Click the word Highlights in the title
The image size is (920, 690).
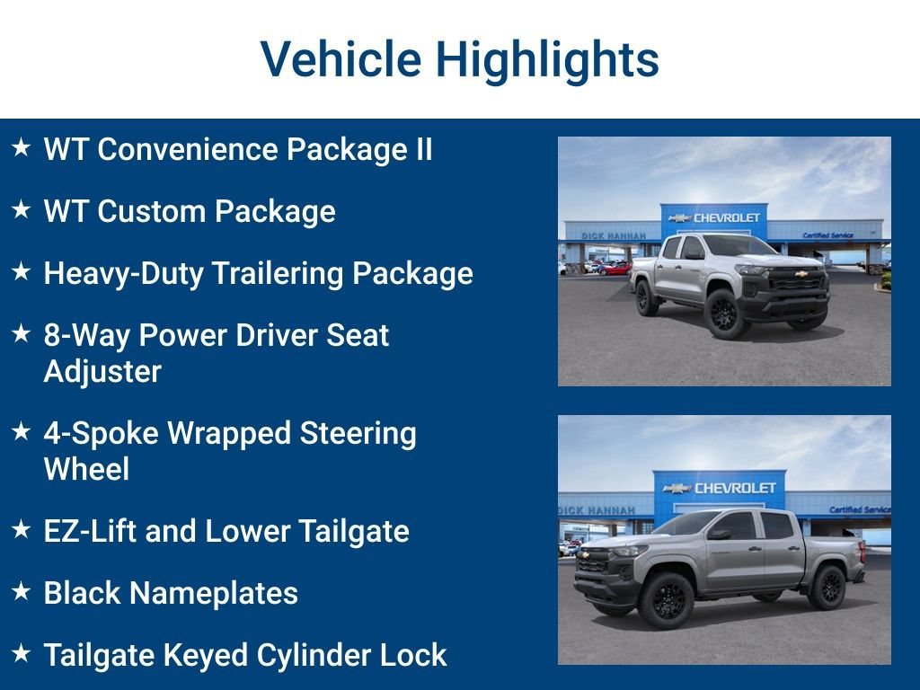click(547, 60)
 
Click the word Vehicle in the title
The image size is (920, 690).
click(341, 58)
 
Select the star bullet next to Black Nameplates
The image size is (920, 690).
click(22, 591)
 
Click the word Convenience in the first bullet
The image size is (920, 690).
click(187, 149)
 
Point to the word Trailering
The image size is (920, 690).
click(277, 274)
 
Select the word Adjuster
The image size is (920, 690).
click(102, 371)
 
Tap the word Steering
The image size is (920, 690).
click(358, 434)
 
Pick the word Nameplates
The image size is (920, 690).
click(214, 593)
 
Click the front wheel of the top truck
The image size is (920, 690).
click(725, 314)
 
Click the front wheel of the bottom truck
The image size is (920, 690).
click(666, 600)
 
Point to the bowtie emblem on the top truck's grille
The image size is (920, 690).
click(801, 273)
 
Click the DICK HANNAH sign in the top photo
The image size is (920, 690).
click(613, 236)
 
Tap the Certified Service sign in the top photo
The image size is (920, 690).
click(827, 235)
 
